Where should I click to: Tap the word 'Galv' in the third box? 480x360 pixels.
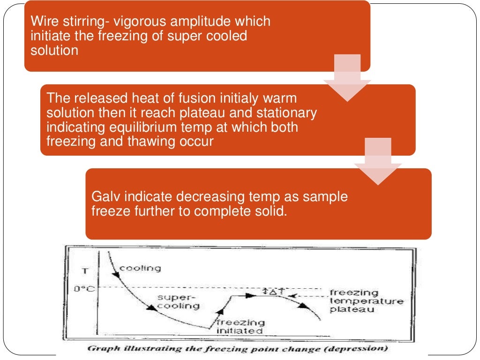(106, 196)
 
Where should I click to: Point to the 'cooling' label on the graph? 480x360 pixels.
(140, 269)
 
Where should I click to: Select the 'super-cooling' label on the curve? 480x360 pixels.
(178, 301)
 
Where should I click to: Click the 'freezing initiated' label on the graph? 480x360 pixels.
(240, 326)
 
